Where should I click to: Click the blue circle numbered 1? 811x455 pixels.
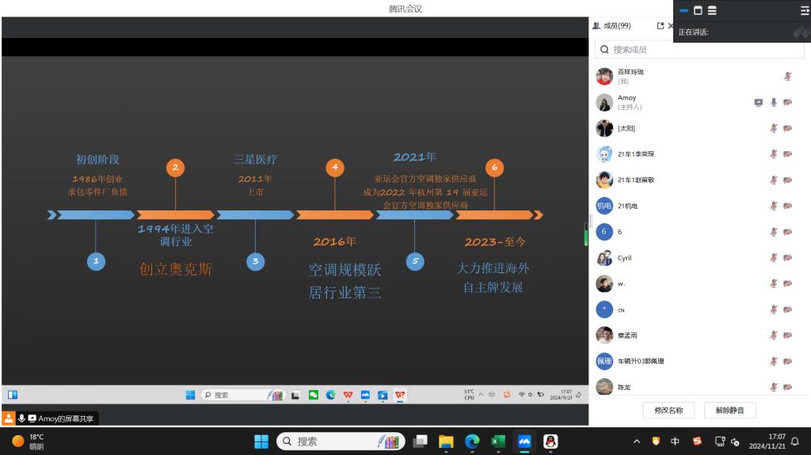[x=96, y=261]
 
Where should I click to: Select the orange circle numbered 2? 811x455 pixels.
[x=175, y=168]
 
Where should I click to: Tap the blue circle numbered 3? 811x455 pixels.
[x=255, y=261]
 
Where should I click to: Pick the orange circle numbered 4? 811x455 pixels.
[x=335, y=168]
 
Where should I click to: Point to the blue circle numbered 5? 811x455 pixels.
[x=415, y=261]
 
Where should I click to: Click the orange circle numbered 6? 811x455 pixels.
[x=495, y=168]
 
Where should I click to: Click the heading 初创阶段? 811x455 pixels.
[x=97, y=160]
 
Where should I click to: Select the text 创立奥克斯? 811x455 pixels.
[x=175, y=269]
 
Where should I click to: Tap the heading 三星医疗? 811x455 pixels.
[x=255, y=160]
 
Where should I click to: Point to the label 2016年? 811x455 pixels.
[x=334, y=242]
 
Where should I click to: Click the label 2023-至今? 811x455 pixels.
[x=495, y=242]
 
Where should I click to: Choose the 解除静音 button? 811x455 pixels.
[x=729, y=410]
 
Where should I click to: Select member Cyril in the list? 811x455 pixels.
[x=625, y=258]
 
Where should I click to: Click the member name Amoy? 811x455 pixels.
[x=626, y=98]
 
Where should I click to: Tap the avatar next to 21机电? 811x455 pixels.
[x=604, y=206]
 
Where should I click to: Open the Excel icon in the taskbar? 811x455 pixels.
[x=497, y=442]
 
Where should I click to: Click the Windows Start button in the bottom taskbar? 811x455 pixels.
[x=261, y=442]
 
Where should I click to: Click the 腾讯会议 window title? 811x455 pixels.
[x=405, y=9]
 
